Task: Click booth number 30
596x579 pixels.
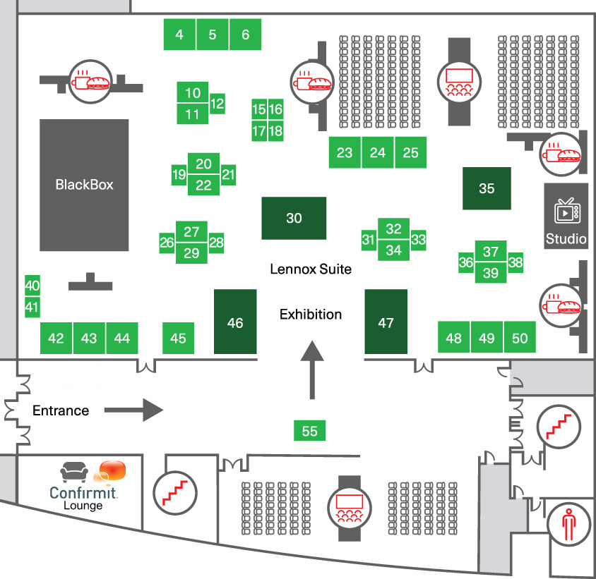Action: [x=294, y=218]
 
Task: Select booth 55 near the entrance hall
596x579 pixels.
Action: [x=310, y=431]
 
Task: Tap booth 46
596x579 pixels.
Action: [x=235, y=322]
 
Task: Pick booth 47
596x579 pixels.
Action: [x=386, y=322]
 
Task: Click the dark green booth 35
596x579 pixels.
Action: [x=487, y=188]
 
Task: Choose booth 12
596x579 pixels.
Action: [x=217, y=104]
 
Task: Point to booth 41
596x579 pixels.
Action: [x=32, y=307]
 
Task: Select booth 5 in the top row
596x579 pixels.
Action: [x=213, y=35]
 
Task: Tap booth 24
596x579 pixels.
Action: [x=378, y=152]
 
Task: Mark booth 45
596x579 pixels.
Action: [x=179, y=339]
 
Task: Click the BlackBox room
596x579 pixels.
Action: [x=84, y=185]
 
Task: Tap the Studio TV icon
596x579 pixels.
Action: [x=566, y=211]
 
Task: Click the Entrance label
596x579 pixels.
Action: [x=61, y=410]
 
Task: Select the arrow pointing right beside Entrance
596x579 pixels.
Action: [x=134, y=409]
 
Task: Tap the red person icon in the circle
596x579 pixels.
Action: [x=569, y=523]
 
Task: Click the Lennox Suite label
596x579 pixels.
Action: [x=311, y=269]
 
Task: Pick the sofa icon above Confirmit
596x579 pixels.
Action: [x=76, y=471]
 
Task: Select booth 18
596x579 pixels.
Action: [x=275, y=130]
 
